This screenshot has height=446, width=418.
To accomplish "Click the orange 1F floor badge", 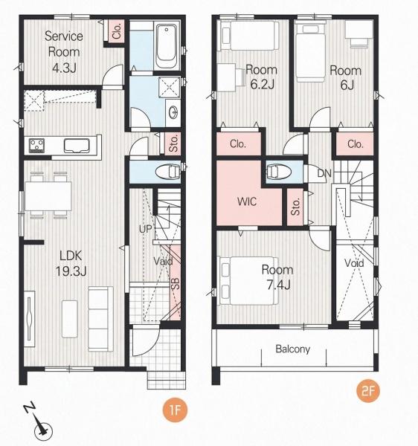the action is coord(175,410).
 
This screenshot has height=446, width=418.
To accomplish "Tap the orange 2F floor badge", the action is coord(368,391).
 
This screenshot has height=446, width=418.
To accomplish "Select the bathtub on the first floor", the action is coord(166,46).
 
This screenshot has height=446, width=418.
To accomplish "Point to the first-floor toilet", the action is coord(168,172).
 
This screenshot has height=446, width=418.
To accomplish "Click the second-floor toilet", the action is coord(278,172).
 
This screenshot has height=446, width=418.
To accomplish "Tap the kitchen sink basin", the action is coord(77,146).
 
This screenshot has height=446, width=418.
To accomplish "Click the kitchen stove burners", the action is coord(37,145).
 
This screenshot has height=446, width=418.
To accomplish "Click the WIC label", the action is coord(247,201).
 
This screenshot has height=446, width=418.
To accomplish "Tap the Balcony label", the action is coord(292,349).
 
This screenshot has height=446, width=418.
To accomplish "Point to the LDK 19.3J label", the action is coord(71,263).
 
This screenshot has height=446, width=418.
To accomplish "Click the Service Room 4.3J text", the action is coord(64,52).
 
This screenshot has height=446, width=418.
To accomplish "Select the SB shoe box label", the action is coord(176,284).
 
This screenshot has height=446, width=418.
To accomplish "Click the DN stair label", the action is coord(324,173).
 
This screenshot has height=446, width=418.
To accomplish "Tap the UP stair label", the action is coord(146,229).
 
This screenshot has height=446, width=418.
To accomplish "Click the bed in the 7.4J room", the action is coord(248,281).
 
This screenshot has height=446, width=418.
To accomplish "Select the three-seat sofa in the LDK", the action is coord(100,319).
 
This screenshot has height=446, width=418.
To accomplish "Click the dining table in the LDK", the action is coord(48,196).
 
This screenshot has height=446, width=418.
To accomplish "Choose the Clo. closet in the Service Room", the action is coord(117,30).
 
